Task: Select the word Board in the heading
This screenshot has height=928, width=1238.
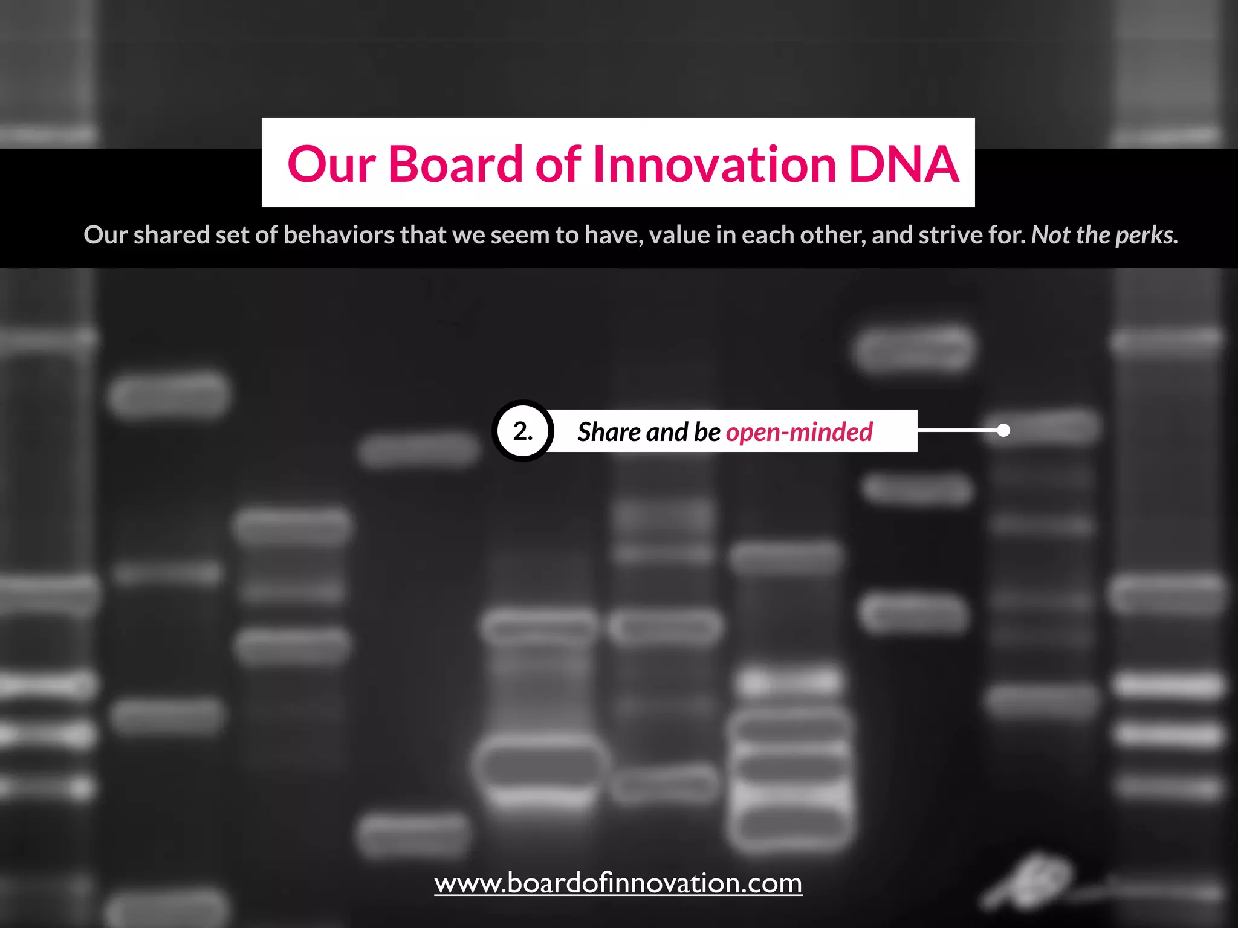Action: pyautogui.click(x=455, y=164)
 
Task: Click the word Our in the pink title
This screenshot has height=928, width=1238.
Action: pyautogui.click(x=331, y=165)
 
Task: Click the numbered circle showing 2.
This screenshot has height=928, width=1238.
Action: pyautogui.click(x=523, y=431)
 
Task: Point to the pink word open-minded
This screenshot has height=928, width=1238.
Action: pyautogui.click(x=799, y=432)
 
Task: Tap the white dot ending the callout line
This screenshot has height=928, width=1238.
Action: pyautogui.click(x=1003, y=430)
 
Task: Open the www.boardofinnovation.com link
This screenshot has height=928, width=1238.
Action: pyautogui.click(x=618, y=883)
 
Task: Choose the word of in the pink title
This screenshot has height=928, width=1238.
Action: pyautogui.click(x=558, y=164)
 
